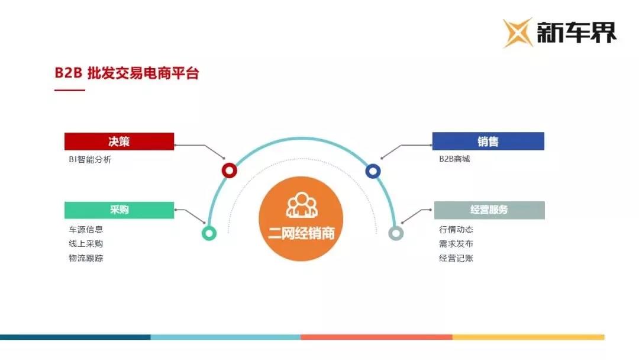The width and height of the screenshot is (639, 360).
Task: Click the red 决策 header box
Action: click(119, 142)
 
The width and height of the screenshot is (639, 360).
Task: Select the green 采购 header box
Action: click(119, 210)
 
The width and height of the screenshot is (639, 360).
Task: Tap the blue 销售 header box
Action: click(488, 142)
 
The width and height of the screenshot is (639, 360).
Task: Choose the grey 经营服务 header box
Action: click(489, 210)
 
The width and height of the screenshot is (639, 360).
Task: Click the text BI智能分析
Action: click(90, 159)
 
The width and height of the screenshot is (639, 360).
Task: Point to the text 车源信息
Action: click(86, 230)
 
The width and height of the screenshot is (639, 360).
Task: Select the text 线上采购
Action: click(86, 244)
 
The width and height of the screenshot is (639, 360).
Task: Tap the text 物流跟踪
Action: click(86, 258)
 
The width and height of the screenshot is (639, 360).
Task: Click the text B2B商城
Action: click(454, 159)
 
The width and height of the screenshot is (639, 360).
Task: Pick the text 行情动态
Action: click(456, 230)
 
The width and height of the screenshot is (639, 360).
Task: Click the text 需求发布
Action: click(456, 244)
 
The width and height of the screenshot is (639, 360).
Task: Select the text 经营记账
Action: click(456, 258)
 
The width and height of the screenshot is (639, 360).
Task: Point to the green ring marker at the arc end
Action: click(209, 227)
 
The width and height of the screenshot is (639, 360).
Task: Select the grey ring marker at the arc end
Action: click(396, 227)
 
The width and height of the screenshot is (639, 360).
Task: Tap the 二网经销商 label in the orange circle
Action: click(301, 233)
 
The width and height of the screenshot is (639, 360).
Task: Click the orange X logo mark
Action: click(518, 33)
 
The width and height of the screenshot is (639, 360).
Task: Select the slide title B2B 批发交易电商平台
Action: click(127, 73)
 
